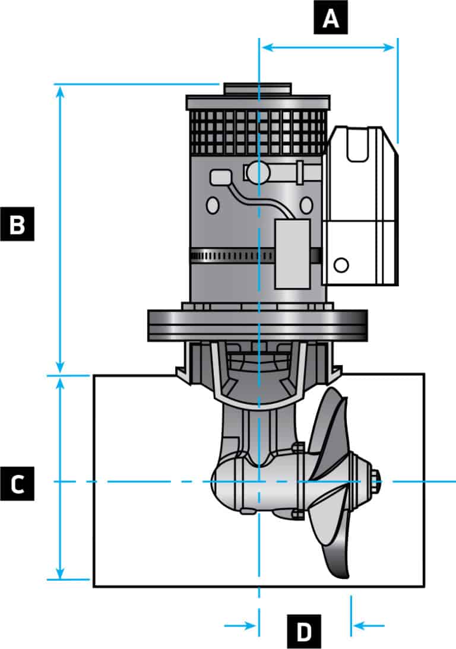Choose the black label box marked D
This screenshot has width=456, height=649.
click(x=304, y=631)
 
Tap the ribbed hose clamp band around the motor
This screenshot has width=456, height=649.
click(x=232, y=256)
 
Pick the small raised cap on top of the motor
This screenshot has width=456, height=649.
click(x=257, y=89)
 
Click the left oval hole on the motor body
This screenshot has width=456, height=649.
click(x=212, y=205)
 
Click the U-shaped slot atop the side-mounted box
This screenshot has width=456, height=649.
click(x=359, y=145)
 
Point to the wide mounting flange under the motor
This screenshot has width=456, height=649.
click(x=257, y=325)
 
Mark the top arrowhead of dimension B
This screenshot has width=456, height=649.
click(x=59, y=90)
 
